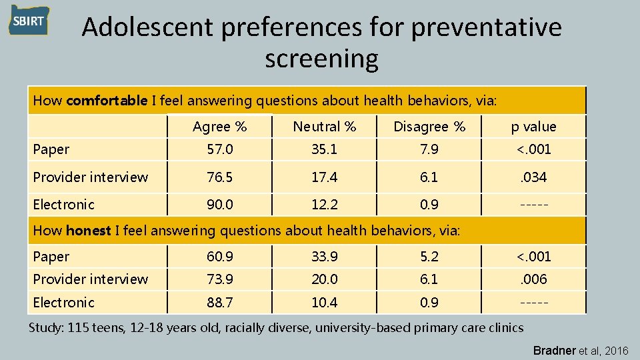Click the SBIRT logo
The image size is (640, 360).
[29, 21]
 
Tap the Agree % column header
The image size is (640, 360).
[219, 127]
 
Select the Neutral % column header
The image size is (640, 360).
[325, 127]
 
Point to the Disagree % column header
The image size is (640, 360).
[429, 127]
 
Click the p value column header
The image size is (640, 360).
[533, 127]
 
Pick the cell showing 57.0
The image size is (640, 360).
[219, 149]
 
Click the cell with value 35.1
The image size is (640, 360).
[325, 149]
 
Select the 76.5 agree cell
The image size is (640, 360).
[219, 177]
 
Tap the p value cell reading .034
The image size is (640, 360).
[533, 177]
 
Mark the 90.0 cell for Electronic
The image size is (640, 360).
[219, 205]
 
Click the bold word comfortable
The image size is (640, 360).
[107, 101]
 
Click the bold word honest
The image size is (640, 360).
[89, 231]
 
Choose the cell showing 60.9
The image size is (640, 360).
[219, 257]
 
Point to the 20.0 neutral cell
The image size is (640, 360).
[325, 279]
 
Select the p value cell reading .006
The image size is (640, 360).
[533, 279]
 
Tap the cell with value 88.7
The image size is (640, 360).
[219, 303]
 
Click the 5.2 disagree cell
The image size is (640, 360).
[429, 257]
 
